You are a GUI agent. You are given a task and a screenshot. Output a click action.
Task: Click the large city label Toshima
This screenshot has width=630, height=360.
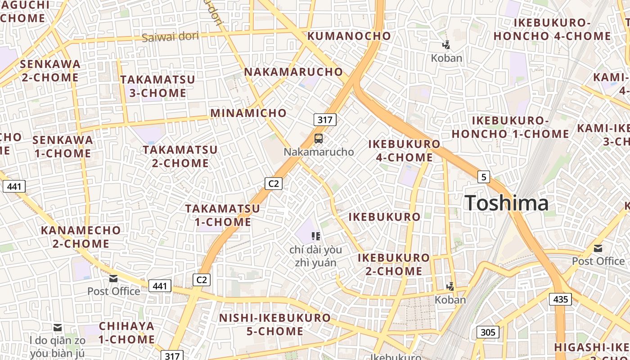coord(506,203)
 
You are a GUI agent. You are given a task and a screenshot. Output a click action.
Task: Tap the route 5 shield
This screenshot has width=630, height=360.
coord(483,177)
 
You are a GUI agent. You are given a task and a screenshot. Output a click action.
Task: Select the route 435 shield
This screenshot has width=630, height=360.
coord(560,299)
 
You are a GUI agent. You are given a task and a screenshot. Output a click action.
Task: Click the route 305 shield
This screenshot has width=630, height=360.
coord(487,333)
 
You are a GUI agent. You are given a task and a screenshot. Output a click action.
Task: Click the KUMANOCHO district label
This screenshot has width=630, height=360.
coord(349,36)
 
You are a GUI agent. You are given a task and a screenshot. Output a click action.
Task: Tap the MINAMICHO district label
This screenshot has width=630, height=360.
coord(248,113)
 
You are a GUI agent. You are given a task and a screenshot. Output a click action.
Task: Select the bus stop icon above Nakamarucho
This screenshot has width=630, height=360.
coord(318,138)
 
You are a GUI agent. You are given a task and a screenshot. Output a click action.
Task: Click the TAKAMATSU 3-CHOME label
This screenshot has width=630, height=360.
coord(157,86)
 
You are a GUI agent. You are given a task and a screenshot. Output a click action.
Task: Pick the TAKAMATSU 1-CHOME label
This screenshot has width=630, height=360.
coord(223,215)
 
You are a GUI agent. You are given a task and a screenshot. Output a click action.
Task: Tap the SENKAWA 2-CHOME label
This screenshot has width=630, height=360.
coord(50,71)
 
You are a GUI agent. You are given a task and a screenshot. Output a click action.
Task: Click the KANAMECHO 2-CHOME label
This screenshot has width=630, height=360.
coord(81,237)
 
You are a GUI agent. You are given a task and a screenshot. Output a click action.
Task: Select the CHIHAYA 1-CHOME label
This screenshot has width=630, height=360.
coord(126,333)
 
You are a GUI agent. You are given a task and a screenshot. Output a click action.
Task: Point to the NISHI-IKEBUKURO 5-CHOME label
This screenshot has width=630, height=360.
coord(275,324)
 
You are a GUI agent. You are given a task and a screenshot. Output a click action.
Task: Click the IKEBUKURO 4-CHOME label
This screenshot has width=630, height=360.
coord(404,151)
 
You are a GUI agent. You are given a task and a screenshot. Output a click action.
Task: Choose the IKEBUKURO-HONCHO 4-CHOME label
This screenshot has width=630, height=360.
coord(552,29)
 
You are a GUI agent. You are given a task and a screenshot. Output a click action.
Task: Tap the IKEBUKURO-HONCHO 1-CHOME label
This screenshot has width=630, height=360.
coord(510,127)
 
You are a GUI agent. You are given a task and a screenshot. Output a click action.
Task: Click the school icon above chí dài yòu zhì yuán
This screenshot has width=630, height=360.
coord(315,236)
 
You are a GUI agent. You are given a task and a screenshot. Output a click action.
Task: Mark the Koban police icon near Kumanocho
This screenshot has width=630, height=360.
coord(446,45)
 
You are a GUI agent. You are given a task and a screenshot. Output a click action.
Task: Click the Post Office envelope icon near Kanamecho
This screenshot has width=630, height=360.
coord(113,279)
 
